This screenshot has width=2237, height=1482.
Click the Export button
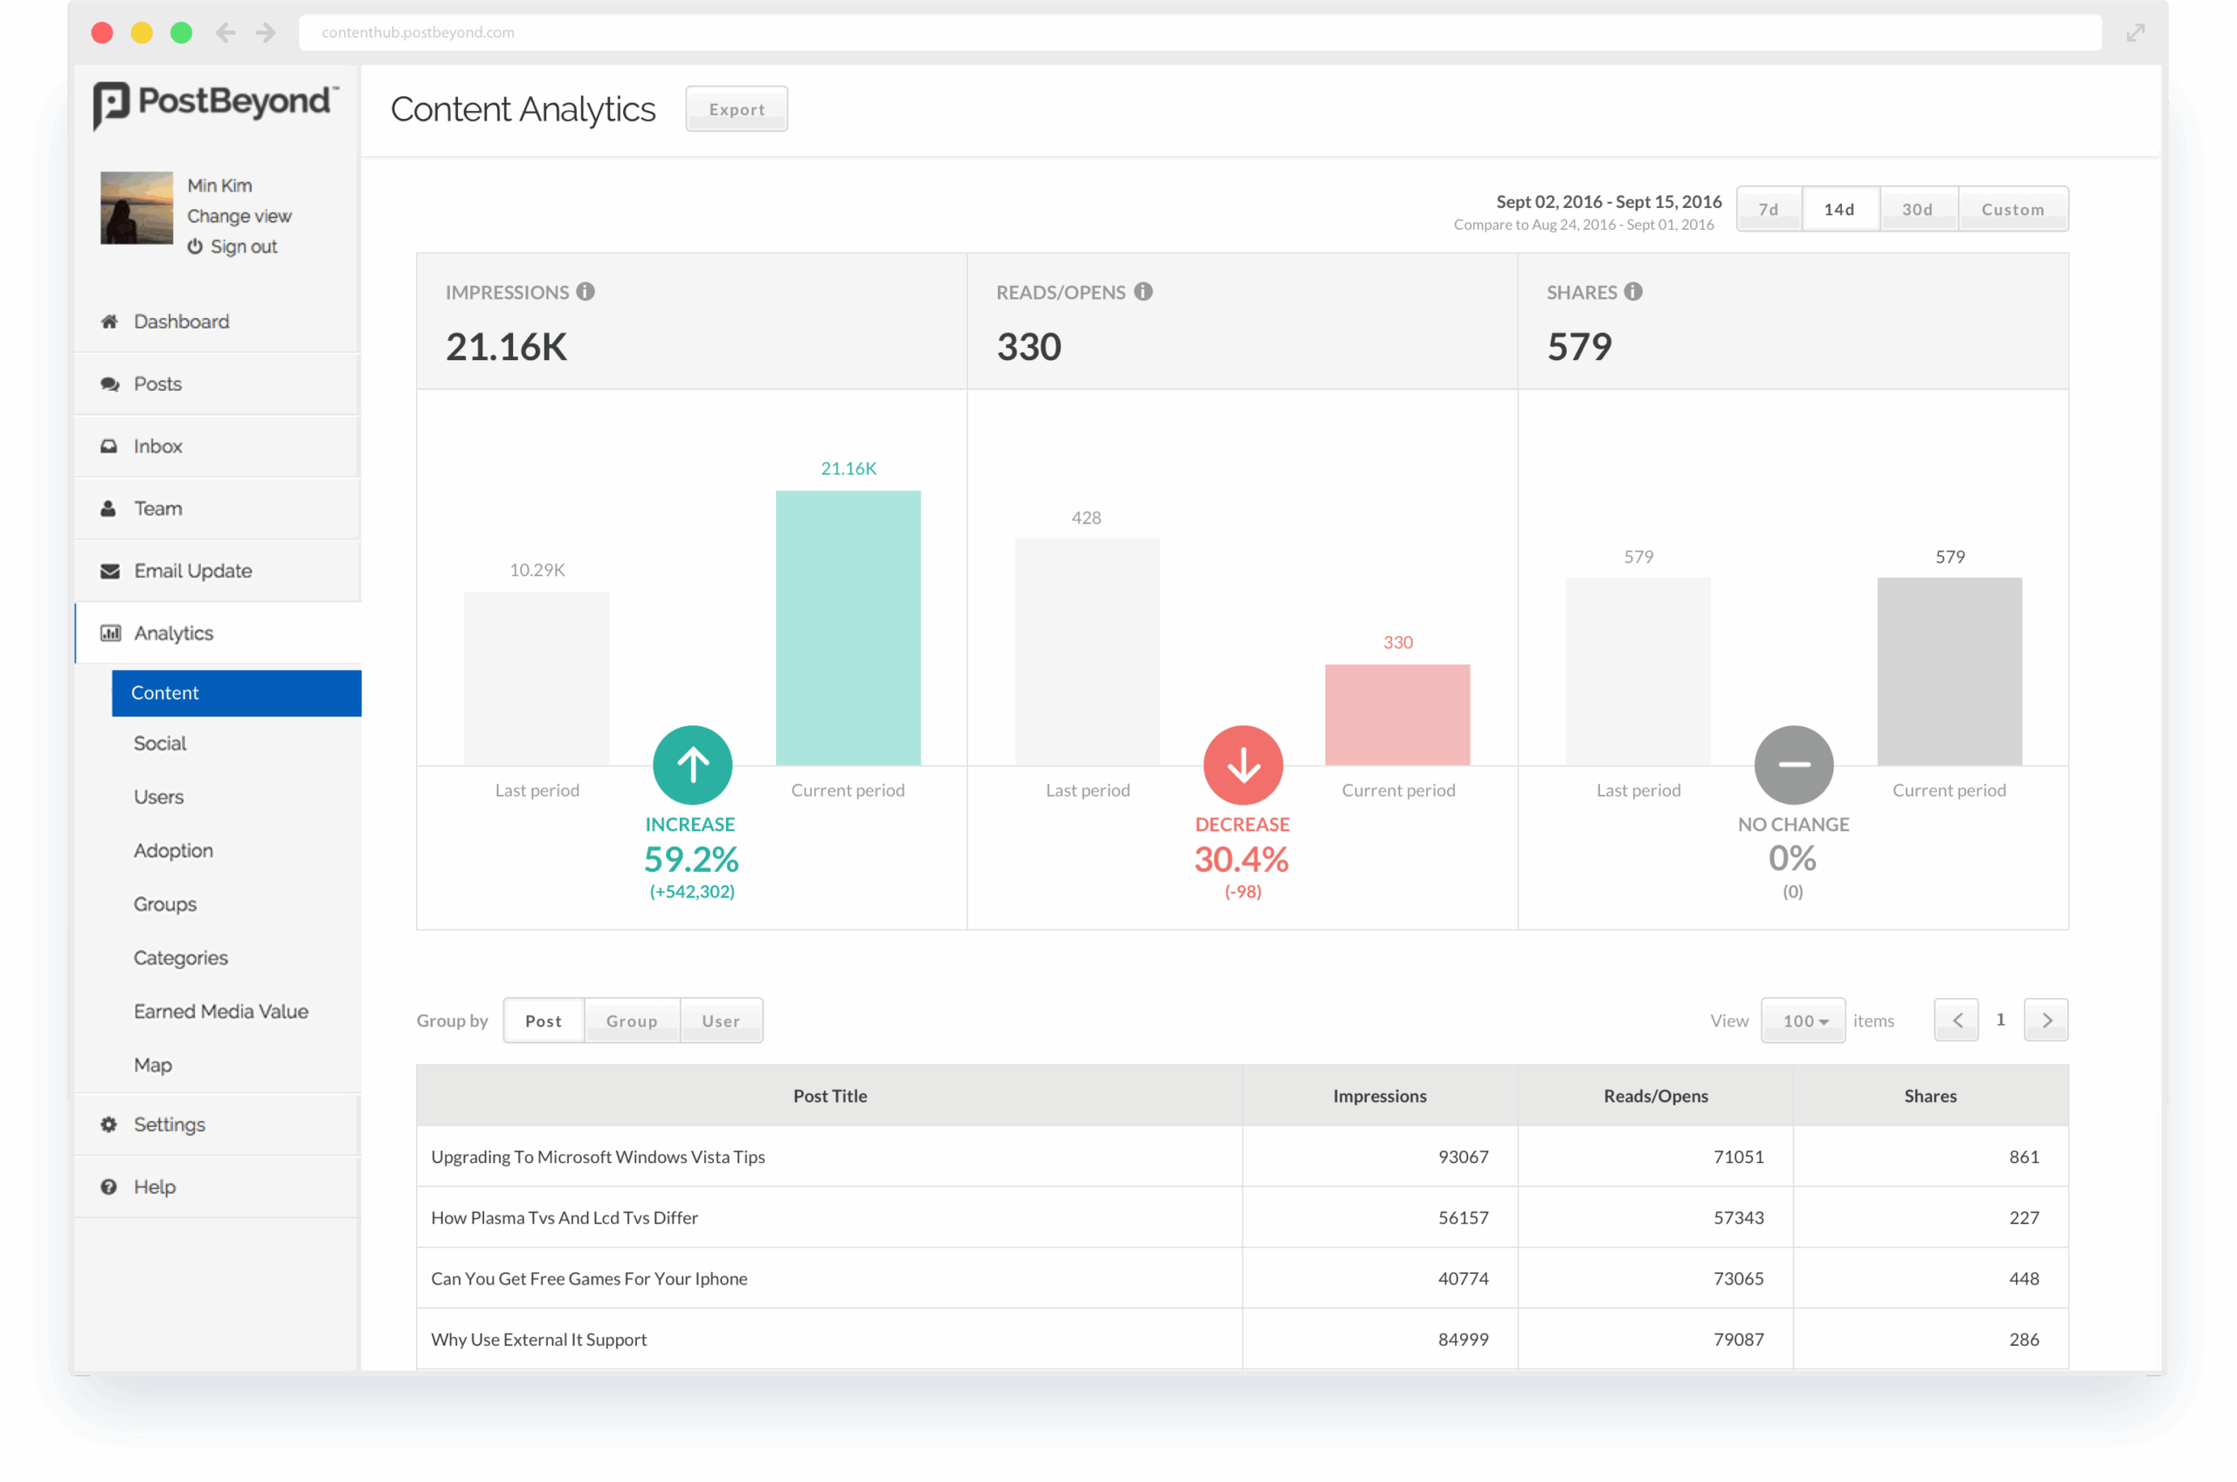point(737,108)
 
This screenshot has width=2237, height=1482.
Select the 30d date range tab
point(1916,209)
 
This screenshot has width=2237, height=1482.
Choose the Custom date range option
point(2012,209)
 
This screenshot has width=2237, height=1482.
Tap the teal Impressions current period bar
point(848,627)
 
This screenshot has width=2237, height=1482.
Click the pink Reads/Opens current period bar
point(1397,715)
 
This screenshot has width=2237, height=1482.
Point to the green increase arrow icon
point(692,765)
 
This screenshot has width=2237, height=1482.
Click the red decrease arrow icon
point(1243,765)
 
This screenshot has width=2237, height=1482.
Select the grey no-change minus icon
point(1794,765)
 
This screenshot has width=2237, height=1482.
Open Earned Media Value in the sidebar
point(221,1011)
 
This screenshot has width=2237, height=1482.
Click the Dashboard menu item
point(182,322)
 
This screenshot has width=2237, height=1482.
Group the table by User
point(721,1021)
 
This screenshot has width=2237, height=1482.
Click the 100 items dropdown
point(1802,1021)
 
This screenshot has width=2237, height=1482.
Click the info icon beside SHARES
point(1633,291)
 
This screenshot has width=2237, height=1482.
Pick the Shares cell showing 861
point(2024,1157)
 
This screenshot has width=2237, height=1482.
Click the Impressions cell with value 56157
point(1463,1217)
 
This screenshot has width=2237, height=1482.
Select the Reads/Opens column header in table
point(1656,1096)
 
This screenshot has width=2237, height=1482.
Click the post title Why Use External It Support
point(538,1340)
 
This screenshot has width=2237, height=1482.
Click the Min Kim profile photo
point(137,208)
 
